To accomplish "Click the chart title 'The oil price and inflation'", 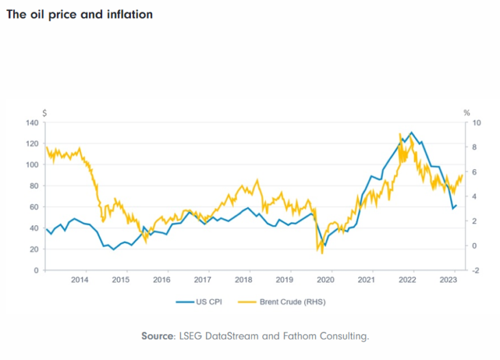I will tap(79, 14).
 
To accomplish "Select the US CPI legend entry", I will tap(206, 300).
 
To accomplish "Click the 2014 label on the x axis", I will tap(79, 280).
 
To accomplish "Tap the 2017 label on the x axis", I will tap(202, 280).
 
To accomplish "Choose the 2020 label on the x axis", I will tap(326, 280).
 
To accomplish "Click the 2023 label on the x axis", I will tap(448, 280).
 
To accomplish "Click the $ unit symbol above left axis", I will tap(45, 112).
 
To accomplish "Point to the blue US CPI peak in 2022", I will tap(411, 132).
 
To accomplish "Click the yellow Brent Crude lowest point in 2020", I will tap(322, 253).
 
